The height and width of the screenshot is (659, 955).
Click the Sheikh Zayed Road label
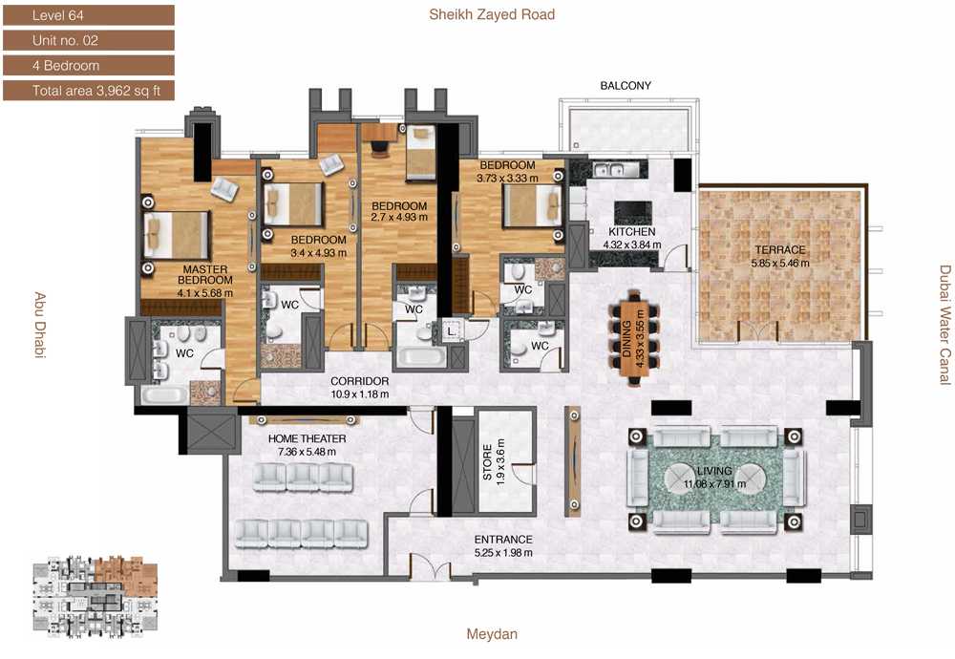click(x=492, y=14)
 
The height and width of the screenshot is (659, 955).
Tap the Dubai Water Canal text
click(x=944, y=325)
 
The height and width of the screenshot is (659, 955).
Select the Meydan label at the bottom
click(x=492, y=634)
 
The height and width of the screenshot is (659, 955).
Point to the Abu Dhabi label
click(x=39, y=326)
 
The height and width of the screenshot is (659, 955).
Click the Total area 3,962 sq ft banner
click(x=89, y=91)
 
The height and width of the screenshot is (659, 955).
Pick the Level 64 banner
click(x=89, y=15)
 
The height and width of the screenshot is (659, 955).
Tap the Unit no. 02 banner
click(x=89, y=41)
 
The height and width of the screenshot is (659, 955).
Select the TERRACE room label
click(x=780, y=249)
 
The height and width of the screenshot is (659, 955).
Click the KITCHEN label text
click(x=632, y=232)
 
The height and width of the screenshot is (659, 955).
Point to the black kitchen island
click(x=632, y=213)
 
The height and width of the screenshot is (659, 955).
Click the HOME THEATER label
click(x=307, y=438)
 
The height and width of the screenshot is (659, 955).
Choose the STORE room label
click(x=487, y=462)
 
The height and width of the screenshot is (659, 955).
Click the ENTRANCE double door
click(x=430, y=567)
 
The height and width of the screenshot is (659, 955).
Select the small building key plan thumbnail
click(x=95, y=596)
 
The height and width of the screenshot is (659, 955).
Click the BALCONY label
click(x=626, y=86)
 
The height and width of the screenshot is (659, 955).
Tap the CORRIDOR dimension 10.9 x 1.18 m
click(x=360, y=394)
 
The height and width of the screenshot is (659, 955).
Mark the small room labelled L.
click(x=452, y=332)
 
